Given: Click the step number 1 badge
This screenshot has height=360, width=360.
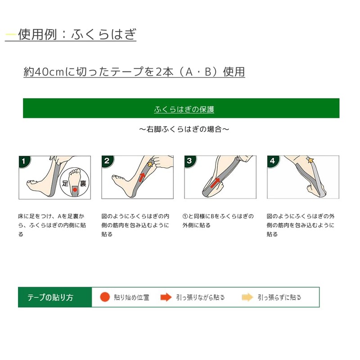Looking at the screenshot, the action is (x=24, y=161).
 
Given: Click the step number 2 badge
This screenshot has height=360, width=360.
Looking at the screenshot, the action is (x=107, y=161).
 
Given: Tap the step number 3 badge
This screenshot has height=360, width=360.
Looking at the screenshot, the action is (x=189, y=161).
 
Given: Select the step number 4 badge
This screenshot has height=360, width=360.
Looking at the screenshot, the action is (x=273, y=161).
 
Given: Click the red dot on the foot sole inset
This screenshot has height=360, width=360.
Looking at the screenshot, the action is (x=75, y=190).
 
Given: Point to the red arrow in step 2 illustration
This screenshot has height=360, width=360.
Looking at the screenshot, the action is (x=142, y=177).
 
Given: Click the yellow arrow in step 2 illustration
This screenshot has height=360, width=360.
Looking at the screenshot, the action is (x=150, y=164).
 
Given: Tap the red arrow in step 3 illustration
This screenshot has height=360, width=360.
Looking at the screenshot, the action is (x=215, y=183).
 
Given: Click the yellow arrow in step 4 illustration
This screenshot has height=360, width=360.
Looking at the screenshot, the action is (x=310, y=160).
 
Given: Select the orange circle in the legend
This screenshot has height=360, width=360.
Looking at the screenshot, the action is (x=105, y=297).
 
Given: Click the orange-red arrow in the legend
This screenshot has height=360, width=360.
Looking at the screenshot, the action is (x=166, y=297).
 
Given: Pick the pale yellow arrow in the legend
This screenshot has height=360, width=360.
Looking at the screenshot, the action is (x=247, y=297).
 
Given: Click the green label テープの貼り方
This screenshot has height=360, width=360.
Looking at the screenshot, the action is (x=50, y=297).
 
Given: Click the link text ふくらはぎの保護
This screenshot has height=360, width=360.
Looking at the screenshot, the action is (x=184, y=109).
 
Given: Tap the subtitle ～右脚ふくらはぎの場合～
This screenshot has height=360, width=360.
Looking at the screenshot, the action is (x=184, y=129).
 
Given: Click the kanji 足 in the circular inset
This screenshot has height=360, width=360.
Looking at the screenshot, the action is (x=65, y=183).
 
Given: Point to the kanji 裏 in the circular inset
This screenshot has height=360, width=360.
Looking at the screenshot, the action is (x=83, y=183).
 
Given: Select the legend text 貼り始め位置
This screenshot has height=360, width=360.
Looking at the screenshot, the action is (x=131, y=297).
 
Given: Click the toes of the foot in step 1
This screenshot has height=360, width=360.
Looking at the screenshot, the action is (x=32, y=183).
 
